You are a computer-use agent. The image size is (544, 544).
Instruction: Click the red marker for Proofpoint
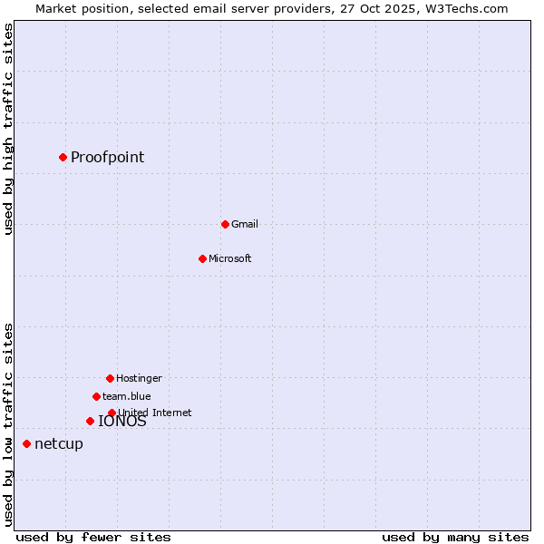coord(63,157)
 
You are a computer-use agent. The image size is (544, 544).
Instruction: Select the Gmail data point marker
coord(225,224)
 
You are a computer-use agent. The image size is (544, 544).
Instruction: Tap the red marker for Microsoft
coord(202,258)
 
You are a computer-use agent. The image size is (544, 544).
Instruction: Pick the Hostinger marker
coord(110,378)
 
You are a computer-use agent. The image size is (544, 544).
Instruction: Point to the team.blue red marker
coord(96,396)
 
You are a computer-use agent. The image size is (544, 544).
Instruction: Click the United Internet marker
coord(112,413)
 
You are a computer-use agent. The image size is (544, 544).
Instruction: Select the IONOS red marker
coord(90,421)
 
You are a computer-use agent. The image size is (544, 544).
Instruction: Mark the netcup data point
coord(26,443)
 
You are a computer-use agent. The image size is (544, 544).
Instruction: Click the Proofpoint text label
coord(107,157)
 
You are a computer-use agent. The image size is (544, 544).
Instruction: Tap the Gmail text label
coord(245,224)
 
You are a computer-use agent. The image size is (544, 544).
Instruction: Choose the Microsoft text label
coord(230,258)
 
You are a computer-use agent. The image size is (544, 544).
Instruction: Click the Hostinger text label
coord(139,378)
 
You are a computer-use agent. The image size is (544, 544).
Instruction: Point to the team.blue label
coord(127,396)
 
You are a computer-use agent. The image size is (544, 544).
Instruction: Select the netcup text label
coord(59,443)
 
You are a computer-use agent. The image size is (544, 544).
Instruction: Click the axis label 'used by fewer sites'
coord(93,537)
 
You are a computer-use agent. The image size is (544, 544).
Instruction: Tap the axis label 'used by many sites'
coord(455,537)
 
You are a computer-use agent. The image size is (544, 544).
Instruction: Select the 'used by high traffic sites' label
coord(8,129)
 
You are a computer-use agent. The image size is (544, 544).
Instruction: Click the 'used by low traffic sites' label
coord(8,423)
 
